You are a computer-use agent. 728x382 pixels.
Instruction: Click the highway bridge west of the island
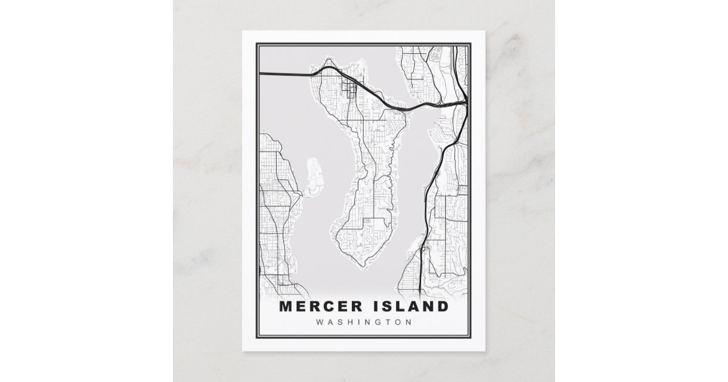(x=285, y=74)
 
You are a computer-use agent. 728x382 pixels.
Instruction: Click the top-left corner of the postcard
(x=243, y=30)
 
